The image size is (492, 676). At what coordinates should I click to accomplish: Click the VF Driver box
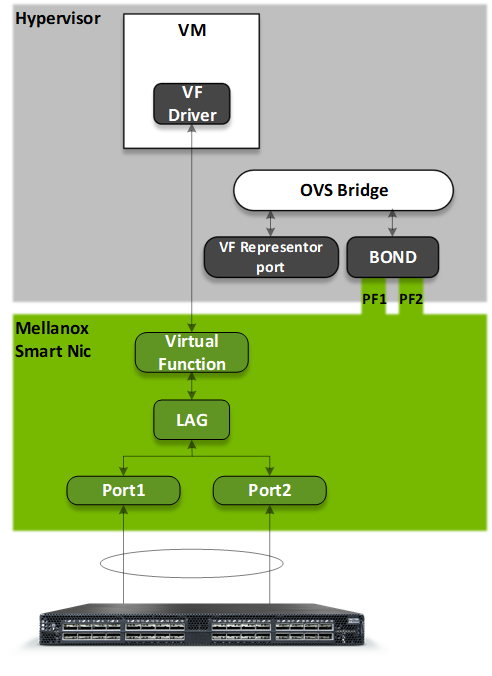click(x=192, y=104)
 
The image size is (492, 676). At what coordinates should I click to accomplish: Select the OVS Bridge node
click(x=343, y=190)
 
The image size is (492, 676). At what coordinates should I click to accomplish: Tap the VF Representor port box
click(x=271, y=257)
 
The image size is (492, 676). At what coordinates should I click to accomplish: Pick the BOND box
click(x=392, y=257)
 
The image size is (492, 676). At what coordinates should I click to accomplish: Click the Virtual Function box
click(x=192, y=352)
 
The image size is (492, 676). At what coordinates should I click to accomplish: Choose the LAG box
click(x=192, y=420)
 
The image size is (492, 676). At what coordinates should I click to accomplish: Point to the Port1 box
click(x=123, y=490)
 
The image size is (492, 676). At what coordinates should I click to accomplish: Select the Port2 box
click(x=270, y=490)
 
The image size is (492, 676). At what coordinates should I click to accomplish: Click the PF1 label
click(x=374, y=299)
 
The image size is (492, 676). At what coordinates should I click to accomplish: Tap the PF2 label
click(x=411, y=299)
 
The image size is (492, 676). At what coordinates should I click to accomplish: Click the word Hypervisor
click(x=58, y=19)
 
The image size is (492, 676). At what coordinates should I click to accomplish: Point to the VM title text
click(x=192, y=30)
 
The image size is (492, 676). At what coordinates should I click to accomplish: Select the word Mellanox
click(x=52, y=329)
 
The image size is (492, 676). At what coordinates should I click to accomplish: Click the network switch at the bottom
click(x=202, y=625)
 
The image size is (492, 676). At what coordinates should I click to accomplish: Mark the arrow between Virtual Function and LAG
click(x=192, y=386)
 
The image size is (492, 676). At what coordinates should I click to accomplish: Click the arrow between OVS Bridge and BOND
click(x=392, y=223)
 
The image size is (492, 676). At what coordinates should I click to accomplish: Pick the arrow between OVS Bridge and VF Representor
click(x=270, y=223)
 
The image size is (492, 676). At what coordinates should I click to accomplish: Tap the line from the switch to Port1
click(x=123, y=554)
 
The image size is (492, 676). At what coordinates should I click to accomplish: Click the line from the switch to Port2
click(x=270, y=554)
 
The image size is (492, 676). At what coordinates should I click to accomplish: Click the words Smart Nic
click(x=53, y=351)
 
